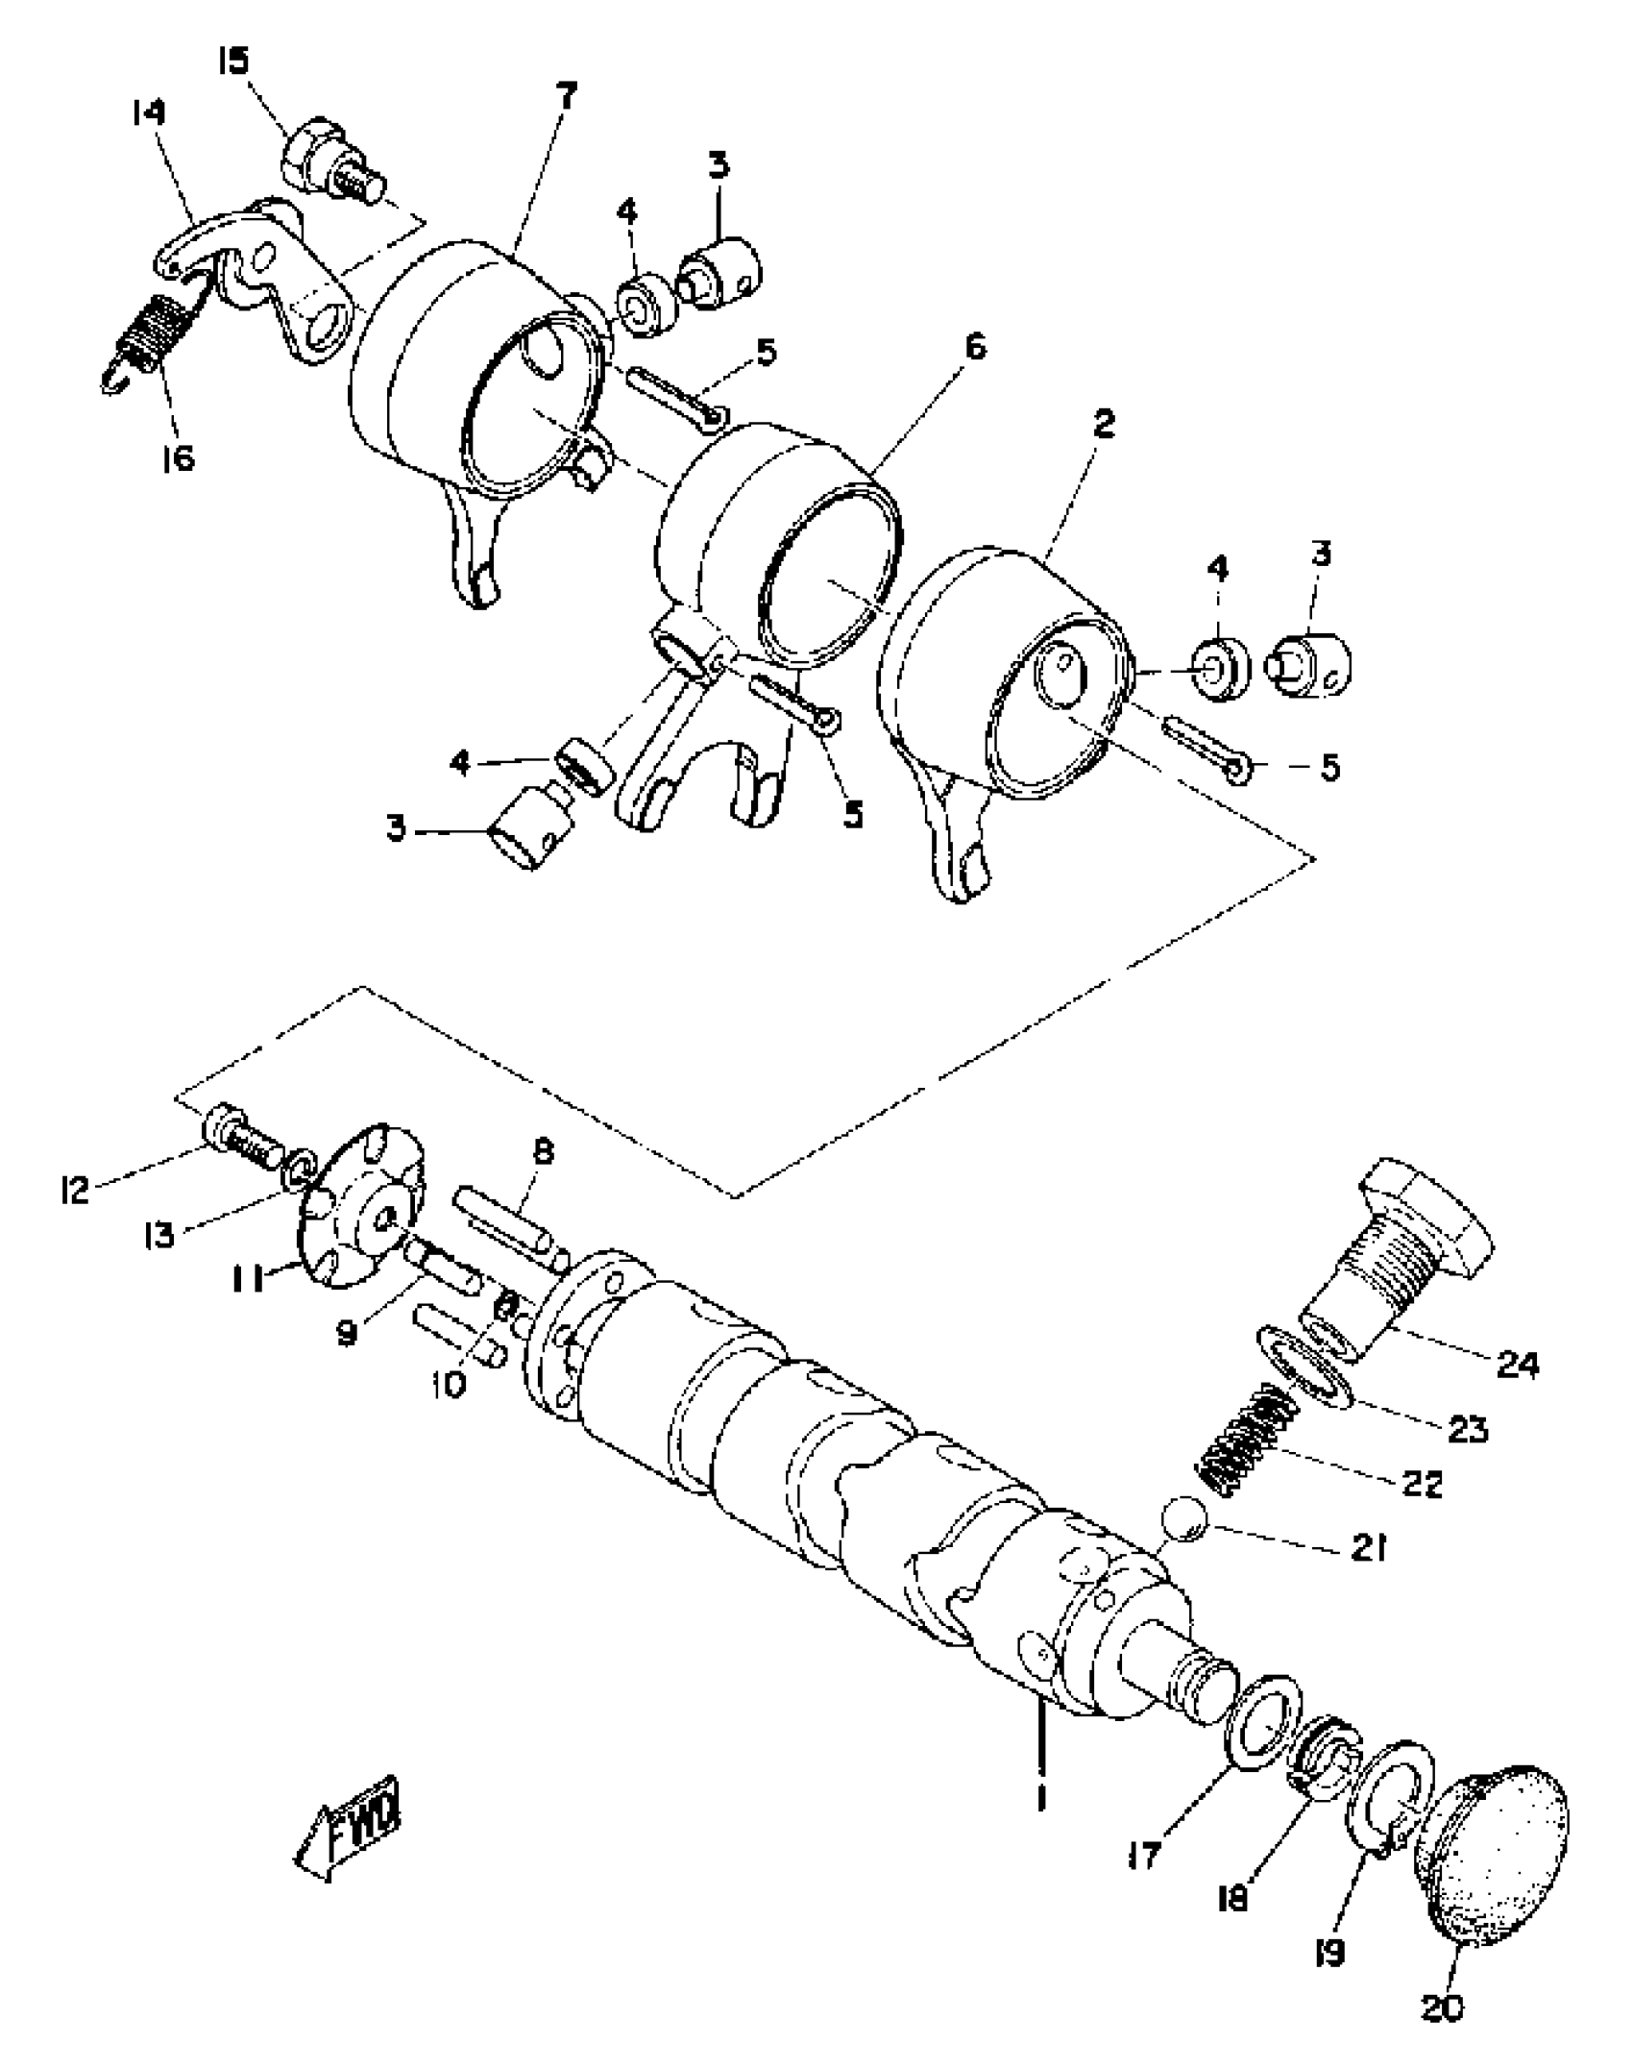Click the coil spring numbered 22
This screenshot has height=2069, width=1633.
click(1246, 1441)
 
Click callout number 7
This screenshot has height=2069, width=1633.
click(567, 95)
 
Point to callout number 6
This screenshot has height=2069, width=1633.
click(975, 346)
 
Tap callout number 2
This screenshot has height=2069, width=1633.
click(1105, 424)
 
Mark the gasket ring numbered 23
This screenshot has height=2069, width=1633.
click(1306, 1369)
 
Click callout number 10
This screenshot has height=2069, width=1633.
click(449, 1384)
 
